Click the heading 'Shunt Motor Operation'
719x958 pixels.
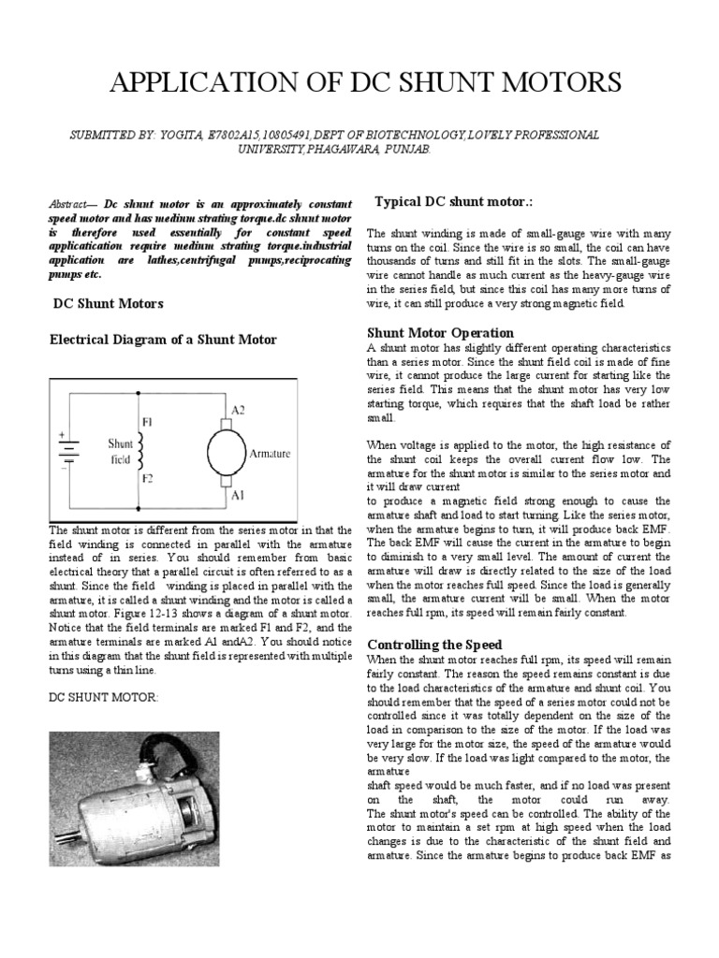440,332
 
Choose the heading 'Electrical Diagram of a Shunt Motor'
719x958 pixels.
163,340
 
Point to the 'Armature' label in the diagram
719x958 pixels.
270,454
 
